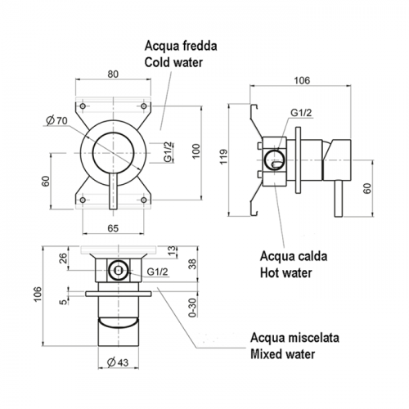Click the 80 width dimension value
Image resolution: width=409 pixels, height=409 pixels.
coord(113,74)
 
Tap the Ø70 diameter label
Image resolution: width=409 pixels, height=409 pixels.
coord(56,120)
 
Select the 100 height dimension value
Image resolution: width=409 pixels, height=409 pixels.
coord(196,151)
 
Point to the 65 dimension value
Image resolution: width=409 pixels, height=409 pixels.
coord(113,228)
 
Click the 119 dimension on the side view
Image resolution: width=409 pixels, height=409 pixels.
coord(223,156)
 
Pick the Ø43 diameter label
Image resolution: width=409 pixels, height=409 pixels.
coord(118,362)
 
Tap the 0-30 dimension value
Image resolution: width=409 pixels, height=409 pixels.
coord(192,308)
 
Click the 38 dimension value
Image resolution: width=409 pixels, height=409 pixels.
coord(192,264)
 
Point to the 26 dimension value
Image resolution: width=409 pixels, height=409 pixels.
coord(63,258)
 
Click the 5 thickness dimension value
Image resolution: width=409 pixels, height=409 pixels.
coord(63,302)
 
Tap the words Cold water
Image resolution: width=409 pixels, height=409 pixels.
coord(173,62)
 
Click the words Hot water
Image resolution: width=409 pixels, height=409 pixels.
coord(285,272)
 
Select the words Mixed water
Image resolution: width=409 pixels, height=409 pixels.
coord(283,354)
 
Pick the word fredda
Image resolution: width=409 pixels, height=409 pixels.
coord(200,46)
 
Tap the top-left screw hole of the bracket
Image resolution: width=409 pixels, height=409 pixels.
coord(83,106)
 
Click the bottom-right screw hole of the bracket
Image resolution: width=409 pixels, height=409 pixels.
coord(144,200)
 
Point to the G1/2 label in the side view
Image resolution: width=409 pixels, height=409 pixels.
coord(301,112)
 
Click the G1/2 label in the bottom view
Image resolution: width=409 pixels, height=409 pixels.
coord(157,272)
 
